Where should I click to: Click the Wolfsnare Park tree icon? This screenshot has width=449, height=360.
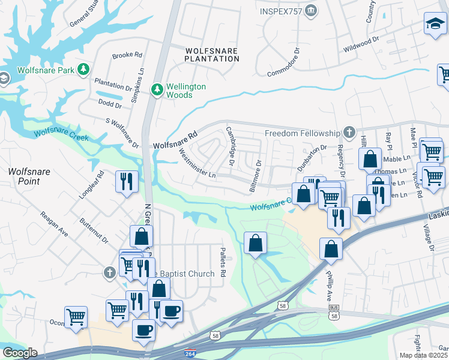(x=85, y=70)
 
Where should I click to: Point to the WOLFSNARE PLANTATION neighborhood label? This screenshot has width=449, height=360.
(x=211, y=55)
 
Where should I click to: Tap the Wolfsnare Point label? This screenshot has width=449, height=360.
(x=29, y=176)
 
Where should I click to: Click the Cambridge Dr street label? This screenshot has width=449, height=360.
(x=229, y=146)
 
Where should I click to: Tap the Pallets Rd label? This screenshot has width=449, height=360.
(x=221, y=262)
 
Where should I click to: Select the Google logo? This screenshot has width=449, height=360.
(x=19, y=353)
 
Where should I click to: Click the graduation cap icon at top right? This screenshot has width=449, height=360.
(x=435, y=23)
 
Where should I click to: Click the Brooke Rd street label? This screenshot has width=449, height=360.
(x=127, y=55)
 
